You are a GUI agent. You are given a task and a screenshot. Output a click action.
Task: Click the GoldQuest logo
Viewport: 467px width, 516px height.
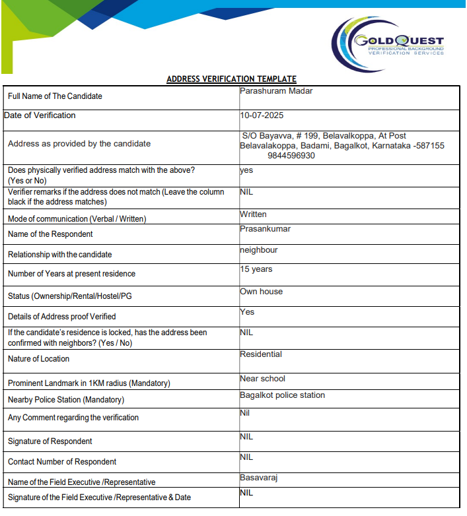pos(388,44)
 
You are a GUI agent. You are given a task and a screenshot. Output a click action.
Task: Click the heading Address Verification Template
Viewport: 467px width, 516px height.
pos(231,79)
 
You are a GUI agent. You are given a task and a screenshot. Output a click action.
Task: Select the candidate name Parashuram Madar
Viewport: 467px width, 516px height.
pos(276,91)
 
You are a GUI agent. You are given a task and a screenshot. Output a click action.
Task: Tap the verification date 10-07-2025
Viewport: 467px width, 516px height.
pos(262,115)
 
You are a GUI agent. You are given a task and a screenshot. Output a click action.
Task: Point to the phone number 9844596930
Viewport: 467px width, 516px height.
pos(291,156)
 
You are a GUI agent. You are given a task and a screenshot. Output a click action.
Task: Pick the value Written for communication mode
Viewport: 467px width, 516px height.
pos(253,214)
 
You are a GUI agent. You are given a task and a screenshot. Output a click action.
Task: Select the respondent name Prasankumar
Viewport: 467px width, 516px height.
pos(265,229)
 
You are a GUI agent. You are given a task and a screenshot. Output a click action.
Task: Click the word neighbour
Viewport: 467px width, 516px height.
pos(258,251)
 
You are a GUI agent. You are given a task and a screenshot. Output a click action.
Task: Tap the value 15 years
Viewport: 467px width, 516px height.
pos(256,269)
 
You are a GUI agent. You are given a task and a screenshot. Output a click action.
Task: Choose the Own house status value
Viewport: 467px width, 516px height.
pos(261,292)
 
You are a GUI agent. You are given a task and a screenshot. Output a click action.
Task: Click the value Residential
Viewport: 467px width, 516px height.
pos(260,354)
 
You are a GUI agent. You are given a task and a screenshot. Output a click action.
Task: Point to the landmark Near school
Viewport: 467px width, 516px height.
pos(262,379)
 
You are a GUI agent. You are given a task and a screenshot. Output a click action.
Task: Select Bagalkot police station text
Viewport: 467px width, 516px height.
pos(282,395)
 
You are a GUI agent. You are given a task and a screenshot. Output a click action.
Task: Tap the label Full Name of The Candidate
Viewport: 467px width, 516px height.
pos(55,96)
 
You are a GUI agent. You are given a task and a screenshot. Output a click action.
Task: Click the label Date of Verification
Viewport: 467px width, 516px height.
pos(40,115)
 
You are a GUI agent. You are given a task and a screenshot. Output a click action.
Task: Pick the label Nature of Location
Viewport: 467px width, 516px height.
pos(38,359)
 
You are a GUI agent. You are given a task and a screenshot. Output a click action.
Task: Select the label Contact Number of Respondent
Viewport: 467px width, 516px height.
pos(62,462)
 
